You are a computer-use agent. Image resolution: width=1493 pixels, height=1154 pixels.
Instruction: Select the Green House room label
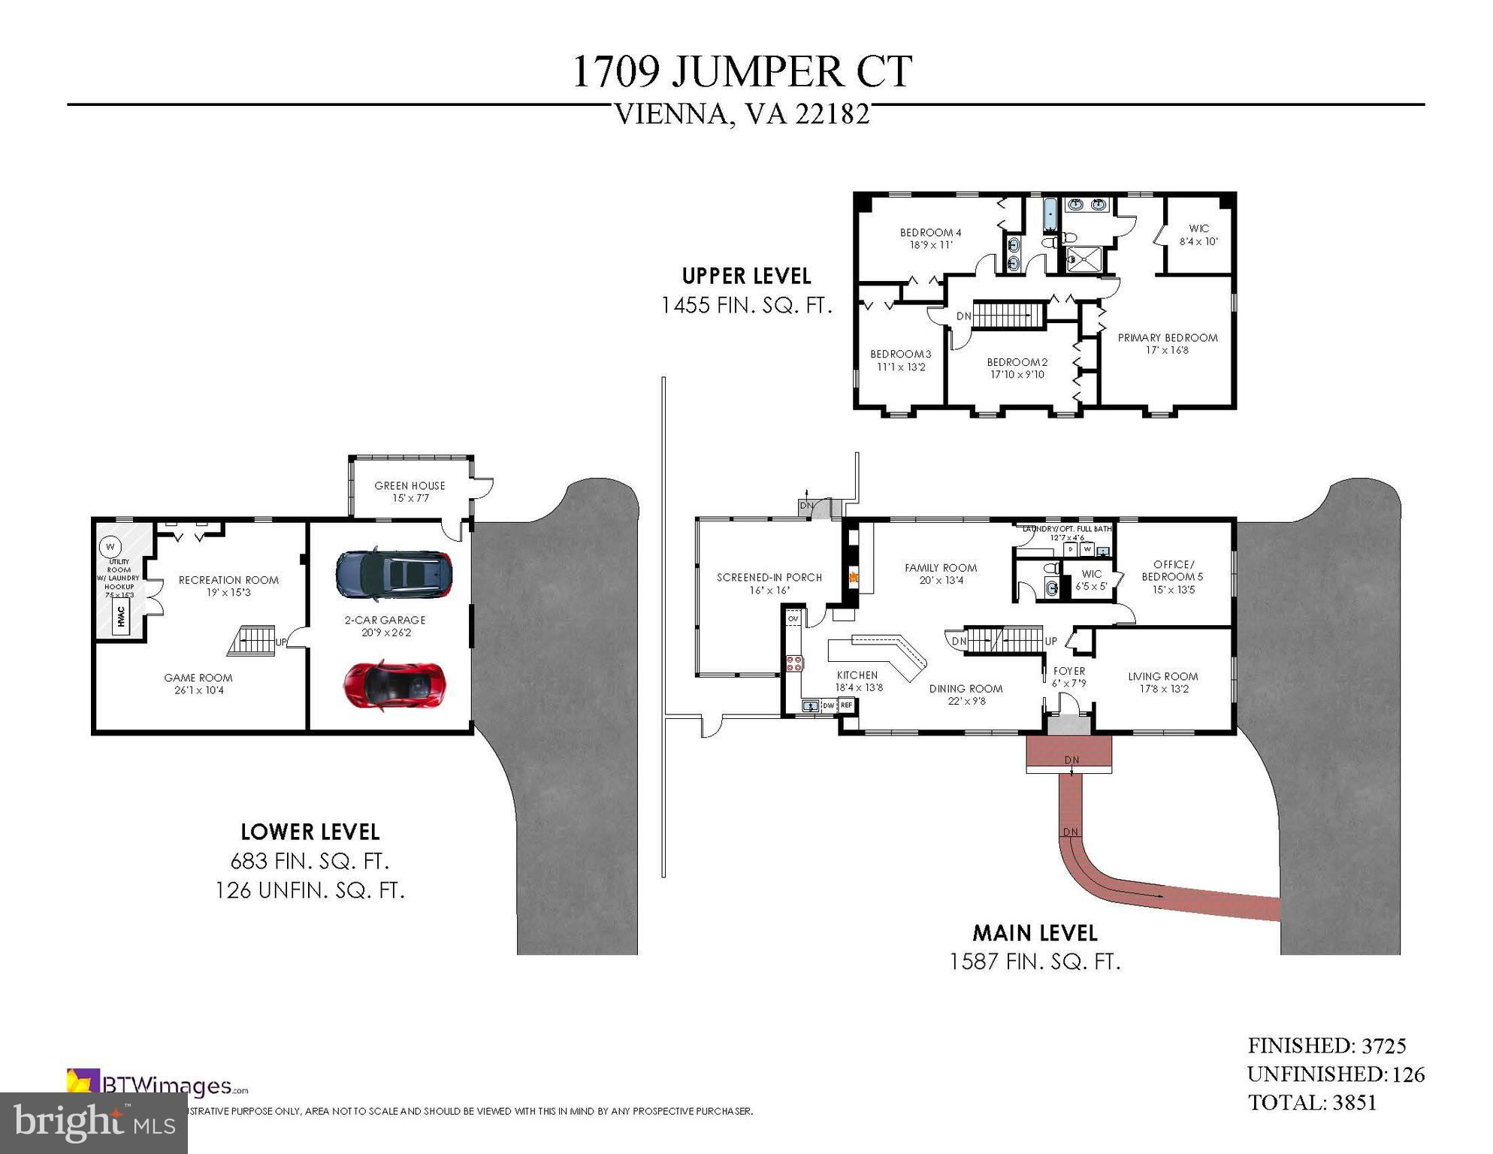[x=410, y=491]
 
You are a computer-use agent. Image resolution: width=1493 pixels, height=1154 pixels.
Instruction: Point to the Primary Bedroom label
[x=1167, y=343]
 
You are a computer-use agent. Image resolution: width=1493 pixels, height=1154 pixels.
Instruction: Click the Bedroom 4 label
[x=930, y=238]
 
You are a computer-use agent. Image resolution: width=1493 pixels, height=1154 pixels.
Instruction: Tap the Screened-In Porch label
[x=769, y=583]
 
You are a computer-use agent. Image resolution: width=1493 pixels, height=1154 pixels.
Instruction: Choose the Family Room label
[x=940, y=573]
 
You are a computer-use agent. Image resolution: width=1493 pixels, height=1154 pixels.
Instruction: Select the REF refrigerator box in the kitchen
[x=846, y=705]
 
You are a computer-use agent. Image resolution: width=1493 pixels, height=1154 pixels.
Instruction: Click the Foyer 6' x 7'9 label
[x=1068, y=676]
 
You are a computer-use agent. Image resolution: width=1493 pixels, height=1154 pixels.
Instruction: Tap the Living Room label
[x=1162, y=681]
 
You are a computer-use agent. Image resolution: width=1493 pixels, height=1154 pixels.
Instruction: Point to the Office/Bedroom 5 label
[x=1172, y=576]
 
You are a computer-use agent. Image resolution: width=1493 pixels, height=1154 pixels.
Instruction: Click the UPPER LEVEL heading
[x=746, y=276]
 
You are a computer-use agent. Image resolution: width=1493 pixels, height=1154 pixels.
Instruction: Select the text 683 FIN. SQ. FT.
[x=310, y=861]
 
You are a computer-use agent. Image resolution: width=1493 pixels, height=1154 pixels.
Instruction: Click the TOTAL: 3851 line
[x=1312, y=1102]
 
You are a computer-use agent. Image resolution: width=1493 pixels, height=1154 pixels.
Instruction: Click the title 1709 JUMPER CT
[x=742, y=72]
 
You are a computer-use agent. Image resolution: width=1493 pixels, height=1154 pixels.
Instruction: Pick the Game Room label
[x=198, y=683]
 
